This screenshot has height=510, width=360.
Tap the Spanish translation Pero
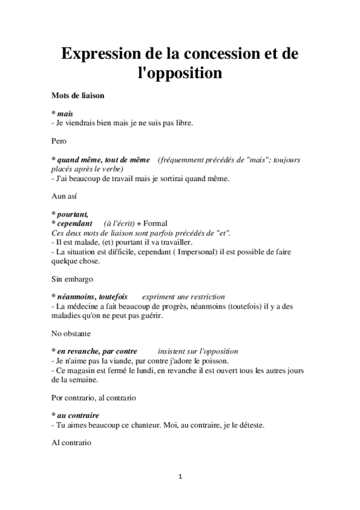pyautogui.click(x=59, y=142)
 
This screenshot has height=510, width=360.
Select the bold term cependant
pyautogui.click(x=75, y=224)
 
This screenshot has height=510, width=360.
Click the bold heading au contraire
pyautogui.click(x=78, y=416)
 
